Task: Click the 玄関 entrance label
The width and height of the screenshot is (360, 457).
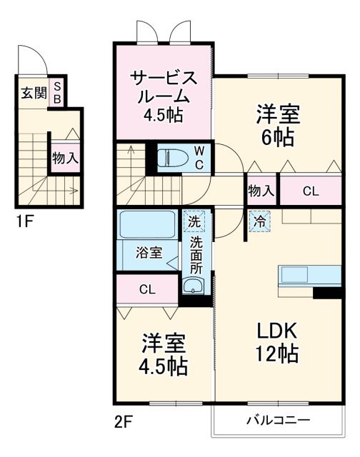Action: click(32, 93)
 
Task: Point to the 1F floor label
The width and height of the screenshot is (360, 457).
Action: click(25, 220)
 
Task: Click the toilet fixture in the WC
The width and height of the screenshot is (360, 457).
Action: click(169, 156)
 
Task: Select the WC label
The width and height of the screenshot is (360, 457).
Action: click(199, 157)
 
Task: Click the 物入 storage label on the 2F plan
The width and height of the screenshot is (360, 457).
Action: click(261, 191)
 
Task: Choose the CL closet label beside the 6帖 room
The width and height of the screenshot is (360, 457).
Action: click(311, 191)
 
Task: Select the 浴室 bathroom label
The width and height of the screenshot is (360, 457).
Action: click(149, 253)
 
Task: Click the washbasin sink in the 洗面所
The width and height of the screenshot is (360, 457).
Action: click(194, 286)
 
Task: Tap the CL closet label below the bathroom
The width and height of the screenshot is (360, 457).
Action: click(147, 289)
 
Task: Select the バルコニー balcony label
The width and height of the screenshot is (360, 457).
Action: click(279, 420)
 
